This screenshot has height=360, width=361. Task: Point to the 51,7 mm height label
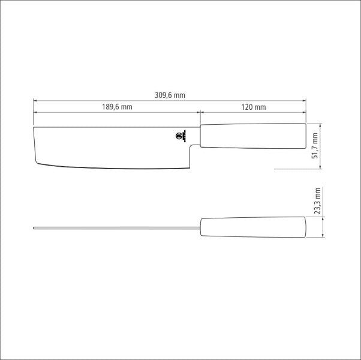pyautogui.click(x=316, y=146)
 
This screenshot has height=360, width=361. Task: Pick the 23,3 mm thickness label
pyautogui.click(x=318, y=201)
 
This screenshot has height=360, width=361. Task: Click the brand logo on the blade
pyautogui.click(x=180, y=136)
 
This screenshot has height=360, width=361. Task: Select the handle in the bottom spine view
pyautogui.click(x=252, y=227)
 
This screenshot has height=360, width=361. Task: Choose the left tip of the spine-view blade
pyautogui.click(x=34, y=227)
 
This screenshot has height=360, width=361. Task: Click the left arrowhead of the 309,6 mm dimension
pyautogui.click(x=35, y=100)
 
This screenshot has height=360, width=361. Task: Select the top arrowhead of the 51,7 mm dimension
pyautogui.click(x=323, y=125)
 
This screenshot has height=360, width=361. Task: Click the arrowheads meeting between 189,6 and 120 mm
pyautogui.click(x=199, y=112)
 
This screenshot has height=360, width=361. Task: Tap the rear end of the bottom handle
pyautogui.click(x=305, y=227)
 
